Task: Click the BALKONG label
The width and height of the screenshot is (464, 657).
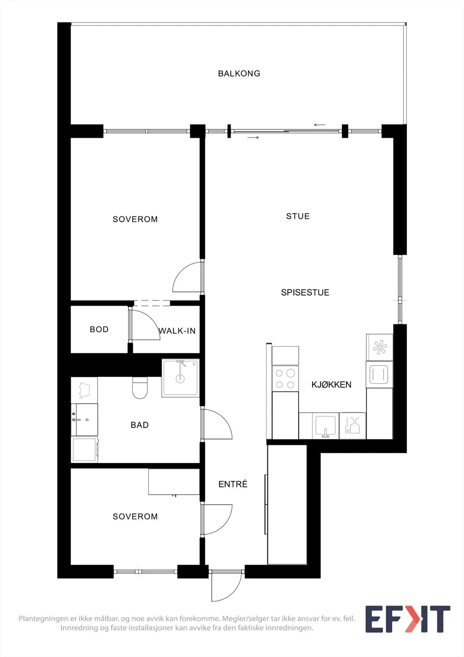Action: point(239,74)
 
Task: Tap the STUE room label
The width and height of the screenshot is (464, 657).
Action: point(298,216)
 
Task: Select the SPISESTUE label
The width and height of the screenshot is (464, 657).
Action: point(305,292)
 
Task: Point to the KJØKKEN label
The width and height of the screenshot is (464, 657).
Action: point(331,384)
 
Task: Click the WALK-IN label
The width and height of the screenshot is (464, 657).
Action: point(177,331)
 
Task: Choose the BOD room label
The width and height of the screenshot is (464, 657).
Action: point(99,329)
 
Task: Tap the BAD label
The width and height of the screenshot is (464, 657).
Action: point(139,425)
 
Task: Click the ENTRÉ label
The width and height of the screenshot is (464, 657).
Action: point(233,484)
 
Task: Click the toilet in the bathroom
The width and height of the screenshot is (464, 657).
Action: point(140,388)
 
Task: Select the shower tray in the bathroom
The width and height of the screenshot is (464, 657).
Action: point(181,378)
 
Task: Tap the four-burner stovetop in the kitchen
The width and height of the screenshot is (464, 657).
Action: point(285,379)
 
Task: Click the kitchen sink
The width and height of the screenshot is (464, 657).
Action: point(325,426)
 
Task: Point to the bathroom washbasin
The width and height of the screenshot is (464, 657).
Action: point(85,419)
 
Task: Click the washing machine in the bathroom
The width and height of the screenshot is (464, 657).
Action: point(85,449)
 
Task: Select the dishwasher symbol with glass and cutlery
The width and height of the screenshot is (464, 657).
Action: point(353,426)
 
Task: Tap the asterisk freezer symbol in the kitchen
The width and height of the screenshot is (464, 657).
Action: point(379,347)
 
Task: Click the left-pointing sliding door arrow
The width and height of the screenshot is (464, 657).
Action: point(320,125)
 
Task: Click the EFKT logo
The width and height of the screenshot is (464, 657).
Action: point(408,619)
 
